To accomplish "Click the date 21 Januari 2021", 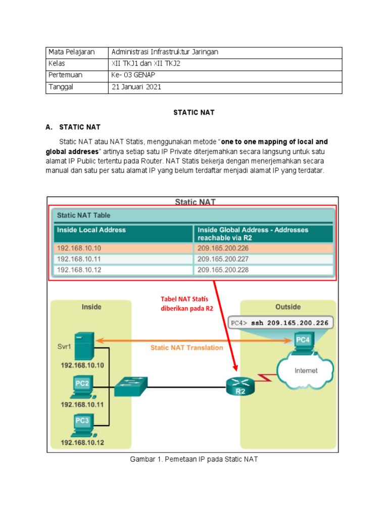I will pos(135,87).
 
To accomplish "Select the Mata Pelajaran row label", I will pos(69,52).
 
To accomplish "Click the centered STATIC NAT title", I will pos(193,113).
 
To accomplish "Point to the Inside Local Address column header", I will pos(91,230).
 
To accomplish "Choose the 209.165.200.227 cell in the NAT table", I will pos(223,259).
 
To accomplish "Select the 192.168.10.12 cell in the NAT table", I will pos(79,270).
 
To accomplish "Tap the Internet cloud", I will pos(306,371).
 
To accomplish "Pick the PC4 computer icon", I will pos(302,343).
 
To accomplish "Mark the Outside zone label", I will pos(288,306).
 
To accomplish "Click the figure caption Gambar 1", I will pos(194,460).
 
